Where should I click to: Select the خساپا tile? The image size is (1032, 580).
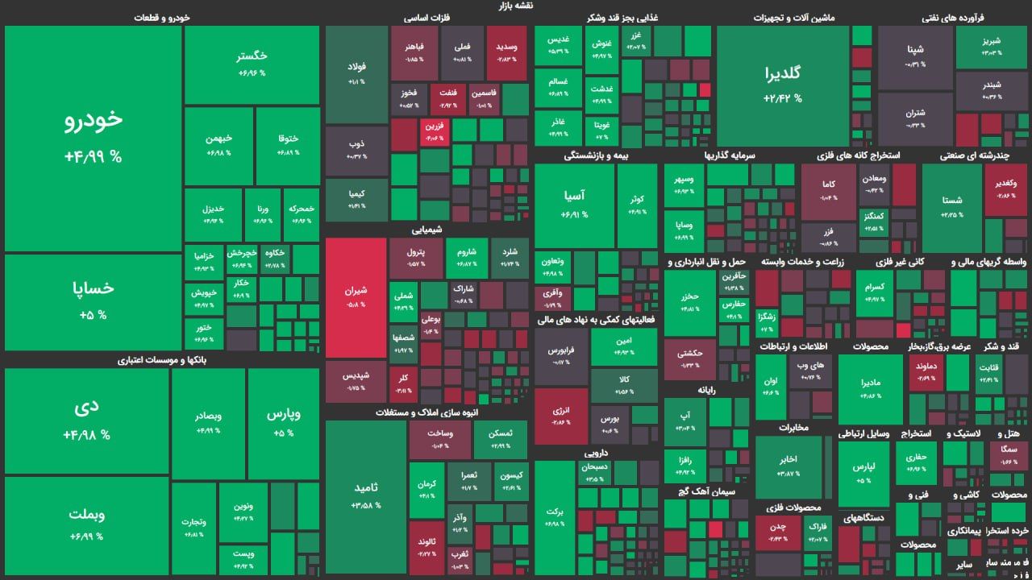[93, 300]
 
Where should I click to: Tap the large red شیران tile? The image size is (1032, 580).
[356, 296]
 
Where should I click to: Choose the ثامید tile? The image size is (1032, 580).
[365, 495]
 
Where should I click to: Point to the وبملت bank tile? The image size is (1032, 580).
[86, 524]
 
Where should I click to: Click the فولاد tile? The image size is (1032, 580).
[356, 74]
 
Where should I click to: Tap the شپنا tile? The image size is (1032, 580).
[914, 56]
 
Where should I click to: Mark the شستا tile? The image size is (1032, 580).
[951, 207]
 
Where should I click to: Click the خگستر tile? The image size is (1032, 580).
[252, 64]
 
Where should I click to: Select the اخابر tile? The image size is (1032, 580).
[788, 466]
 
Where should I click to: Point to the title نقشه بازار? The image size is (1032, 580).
[516, 6]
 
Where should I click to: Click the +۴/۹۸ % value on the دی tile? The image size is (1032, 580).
[86, 435]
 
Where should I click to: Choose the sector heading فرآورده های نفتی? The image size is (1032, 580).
[953, 17]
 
